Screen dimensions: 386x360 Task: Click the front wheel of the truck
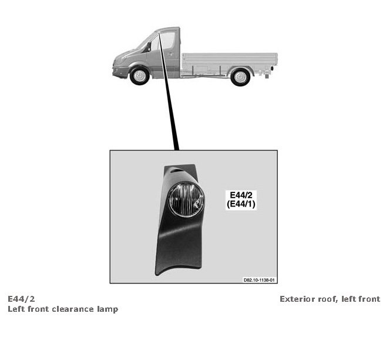(139, 76)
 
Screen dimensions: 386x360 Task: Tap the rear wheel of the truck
(240, 76)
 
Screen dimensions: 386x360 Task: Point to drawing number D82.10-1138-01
(259, 281)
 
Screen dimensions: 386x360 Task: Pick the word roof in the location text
(328, 299)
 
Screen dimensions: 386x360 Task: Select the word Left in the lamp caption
(16, 309)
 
